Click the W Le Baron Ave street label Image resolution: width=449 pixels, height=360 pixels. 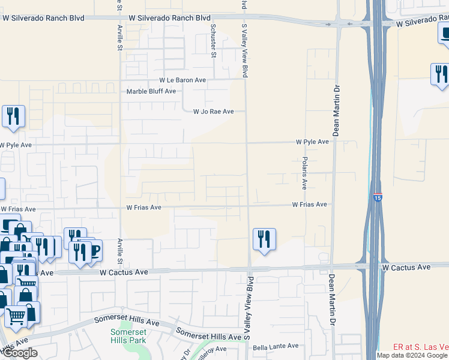(182, 80)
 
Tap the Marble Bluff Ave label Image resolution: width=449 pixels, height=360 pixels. (151, 91)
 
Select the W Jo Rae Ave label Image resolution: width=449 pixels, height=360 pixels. (212, 112)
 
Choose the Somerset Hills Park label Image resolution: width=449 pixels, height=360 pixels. (128, 335)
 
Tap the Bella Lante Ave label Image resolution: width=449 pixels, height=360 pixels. (276, 346)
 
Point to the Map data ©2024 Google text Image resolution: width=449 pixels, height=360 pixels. (412, 355)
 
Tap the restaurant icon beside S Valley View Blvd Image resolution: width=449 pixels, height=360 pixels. (264, 239)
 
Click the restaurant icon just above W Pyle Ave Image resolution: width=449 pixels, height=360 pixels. (13, 116)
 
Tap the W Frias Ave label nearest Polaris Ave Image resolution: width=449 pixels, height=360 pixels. (310, 205)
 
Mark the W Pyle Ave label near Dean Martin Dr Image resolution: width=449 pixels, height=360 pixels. (312, 142)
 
